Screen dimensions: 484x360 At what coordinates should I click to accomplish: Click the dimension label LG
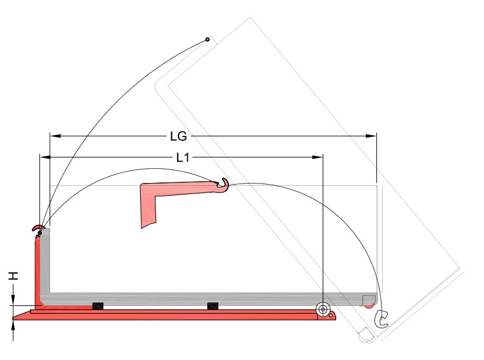[x=178, y=136]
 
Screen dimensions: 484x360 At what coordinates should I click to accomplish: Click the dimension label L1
[x=183, y=158]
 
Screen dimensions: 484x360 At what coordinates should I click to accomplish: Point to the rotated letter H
[x=14, y=276]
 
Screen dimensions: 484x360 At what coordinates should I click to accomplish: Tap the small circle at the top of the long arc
[x=207, y=39]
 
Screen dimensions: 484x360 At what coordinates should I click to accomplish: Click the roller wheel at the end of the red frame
[x=323, y=309]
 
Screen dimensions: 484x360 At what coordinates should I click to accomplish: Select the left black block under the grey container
[x=98, y=306]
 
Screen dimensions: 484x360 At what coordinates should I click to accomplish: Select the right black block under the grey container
[x=213, y=306]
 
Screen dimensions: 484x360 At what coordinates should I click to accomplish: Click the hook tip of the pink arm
[x=224, y=184]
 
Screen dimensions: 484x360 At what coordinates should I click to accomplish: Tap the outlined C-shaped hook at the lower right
[x=382, y=319]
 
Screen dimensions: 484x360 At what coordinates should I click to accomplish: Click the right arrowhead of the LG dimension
[x=371, y=136]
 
